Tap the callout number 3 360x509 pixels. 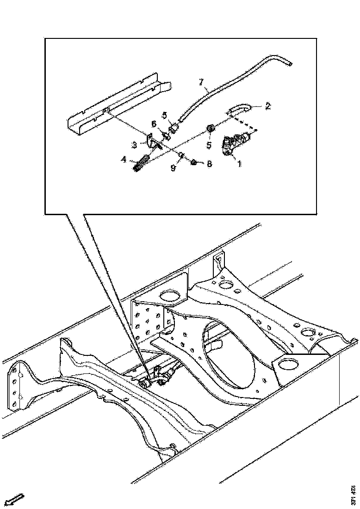coord(134,145)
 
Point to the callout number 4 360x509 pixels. coord(124,160)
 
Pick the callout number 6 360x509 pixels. coord(154,124)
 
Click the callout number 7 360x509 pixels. coord(201,82)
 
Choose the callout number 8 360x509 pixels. coord(209,164)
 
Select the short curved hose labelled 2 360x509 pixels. coord(239,110)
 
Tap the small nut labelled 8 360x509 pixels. coord(195,162)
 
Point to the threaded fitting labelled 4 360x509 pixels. coord(141,164)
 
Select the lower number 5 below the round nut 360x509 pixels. coord(209,145)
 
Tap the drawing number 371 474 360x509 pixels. coord(353,495)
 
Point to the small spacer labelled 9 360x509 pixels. coord(182,155)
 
